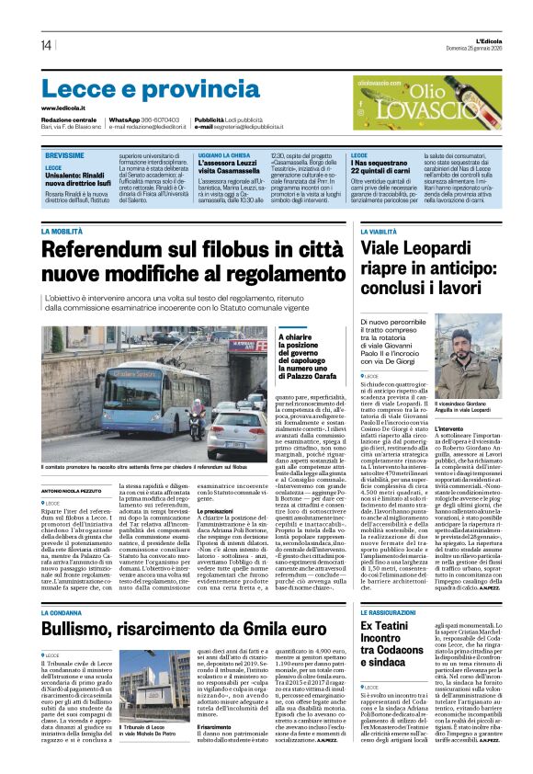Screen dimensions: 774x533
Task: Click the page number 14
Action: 46,45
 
